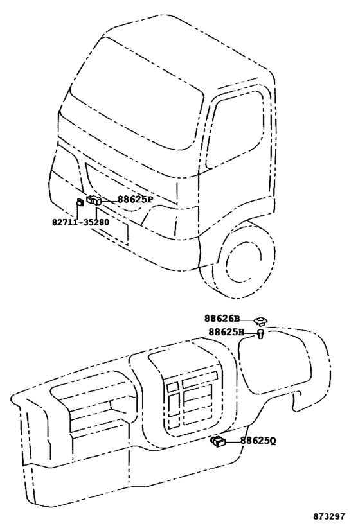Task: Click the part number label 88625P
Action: (135, 200)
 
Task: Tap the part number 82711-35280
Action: (80, 222)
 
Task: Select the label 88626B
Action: (222, 319)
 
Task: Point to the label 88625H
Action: (227, 332)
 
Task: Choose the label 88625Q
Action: (258, 441)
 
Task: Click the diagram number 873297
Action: (329, 516)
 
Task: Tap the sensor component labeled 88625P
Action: (94, 200)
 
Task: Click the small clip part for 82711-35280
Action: (80, 202)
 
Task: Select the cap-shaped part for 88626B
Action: (260, 321)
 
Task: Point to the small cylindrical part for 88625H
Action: (260, 334)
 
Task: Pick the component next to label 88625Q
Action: (218, 442)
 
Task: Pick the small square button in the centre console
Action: (173, 387)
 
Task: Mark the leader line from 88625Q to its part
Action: (233, 442)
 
